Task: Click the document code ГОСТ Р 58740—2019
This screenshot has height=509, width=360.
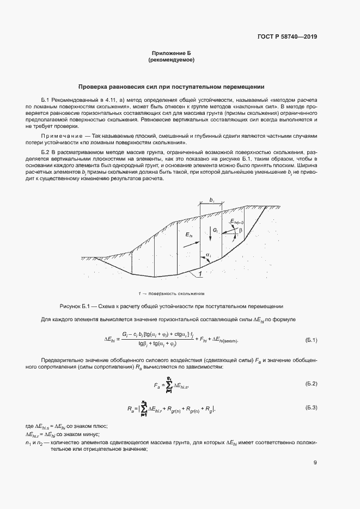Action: pyautogui.click(x=286, y=37)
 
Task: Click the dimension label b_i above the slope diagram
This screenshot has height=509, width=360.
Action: pyautogui.click(x=211, y=201)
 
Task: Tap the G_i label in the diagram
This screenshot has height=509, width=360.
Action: pyautogui.click(x=216, y=230)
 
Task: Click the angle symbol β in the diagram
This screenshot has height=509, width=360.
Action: pyautogui.click(x=240, y=230)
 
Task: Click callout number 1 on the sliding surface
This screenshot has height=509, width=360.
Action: pyautogui.click(x=201, y=274)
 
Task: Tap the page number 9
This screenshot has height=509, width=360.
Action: pyautogui.click(x=315, y=463)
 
